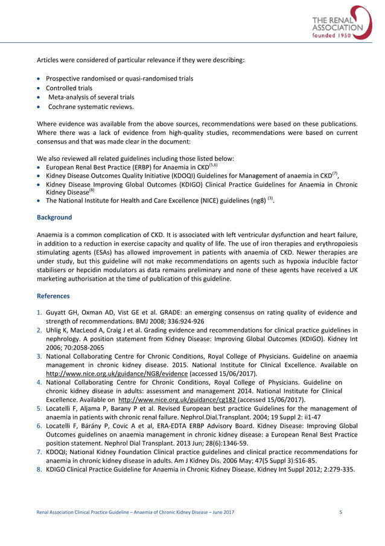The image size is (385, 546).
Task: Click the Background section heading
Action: click(x=55, y=217)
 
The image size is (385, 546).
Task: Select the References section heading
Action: click(x=54, y=296)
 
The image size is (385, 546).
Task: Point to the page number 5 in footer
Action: click(x=341, y=513)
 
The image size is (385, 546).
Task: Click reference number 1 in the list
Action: click(x=40, y=313)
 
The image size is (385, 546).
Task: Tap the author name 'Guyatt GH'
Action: click(x=62, y=313)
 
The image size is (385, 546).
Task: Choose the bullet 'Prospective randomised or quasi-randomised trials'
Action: click(x=119, y=79)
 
